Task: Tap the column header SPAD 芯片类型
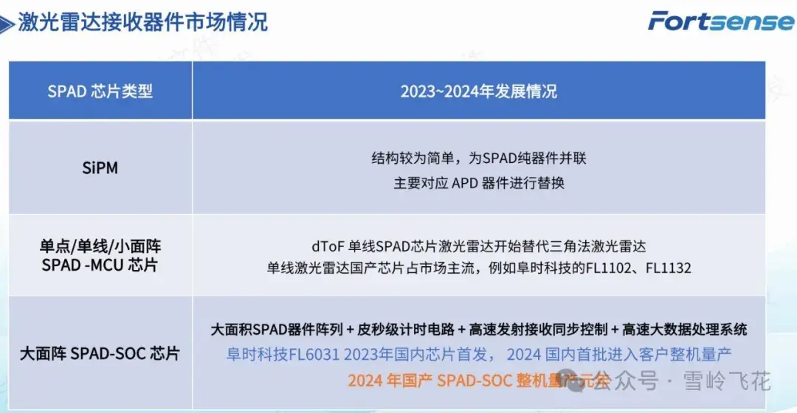100,91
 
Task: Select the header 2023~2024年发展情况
478,91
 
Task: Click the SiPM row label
100,168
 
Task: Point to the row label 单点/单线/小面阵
100,246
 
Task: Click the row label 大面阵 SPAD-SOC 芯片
100,353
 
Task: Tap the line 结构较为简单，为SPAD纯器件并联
478,159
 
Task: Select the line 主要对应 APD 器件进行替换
478,183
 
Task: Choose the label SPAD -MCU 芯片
100,265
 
